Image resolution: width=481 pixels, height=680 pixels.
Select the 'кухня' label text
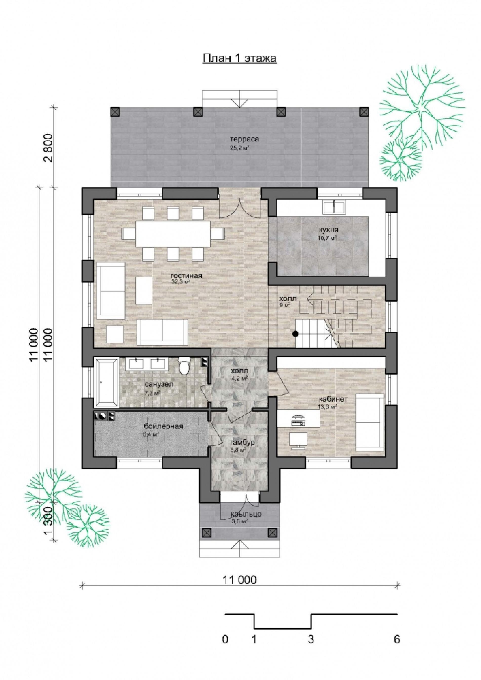329,230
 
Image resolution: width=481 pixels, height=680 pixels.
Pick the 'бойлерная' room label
163,426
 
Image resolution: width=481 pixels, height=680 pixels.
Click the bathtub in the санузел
106,383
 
